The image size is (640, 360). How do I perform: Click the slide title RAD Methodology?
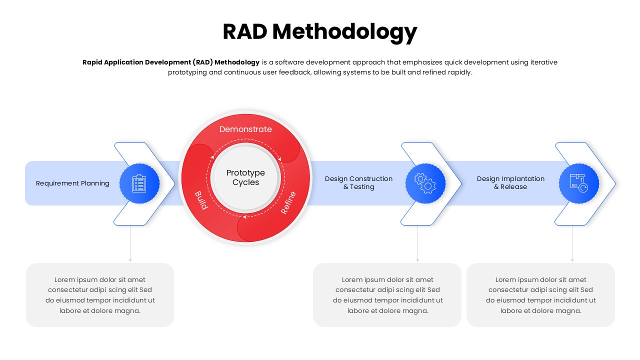click(x=320, y=31)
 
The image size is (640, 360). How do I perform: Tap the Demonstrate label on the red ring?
click(x=245, y=129)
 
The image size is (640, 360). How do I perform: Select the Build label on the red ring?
click(x=201, y=200)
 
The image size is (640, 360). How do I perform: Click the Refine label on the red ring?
click(x=288, y=203)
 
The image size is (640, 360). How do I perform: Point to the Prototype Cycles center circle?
click(x=245, y=177)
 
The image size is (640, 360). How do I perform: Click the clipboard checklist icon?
click(x=139, y=183)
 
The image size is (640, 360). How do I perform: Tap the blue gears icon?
click(x=425, y=183)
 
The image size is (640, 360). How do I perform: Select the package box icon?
click(x=578, y=183)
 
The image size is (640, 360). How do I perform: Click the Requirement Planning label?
click(x=72, y=183)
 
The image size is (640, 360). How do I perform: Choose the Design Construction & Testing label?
click(x=358, y=182)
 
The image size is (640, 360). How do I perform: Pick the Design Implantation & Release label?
click(x=510, y=182)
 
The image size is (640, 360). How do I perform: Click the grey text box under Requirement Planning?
click(x=100, y=295)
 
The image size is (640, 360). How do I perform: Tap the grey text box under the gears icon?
click(x=387, y=295)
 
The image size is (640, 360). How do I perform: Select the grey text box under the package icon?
click(x=540, y=295)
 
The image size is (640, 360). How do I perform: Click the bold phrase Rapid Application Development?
click(x=136, y=62)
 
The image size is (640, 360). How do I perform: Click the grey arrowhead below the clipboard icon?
click(x=130, y=260)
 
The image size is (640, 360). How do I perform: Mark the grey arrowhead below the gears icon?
click(x=417, y=260)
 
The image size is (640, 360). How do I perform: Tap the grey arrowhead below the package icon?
click(x=572, y=260)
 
